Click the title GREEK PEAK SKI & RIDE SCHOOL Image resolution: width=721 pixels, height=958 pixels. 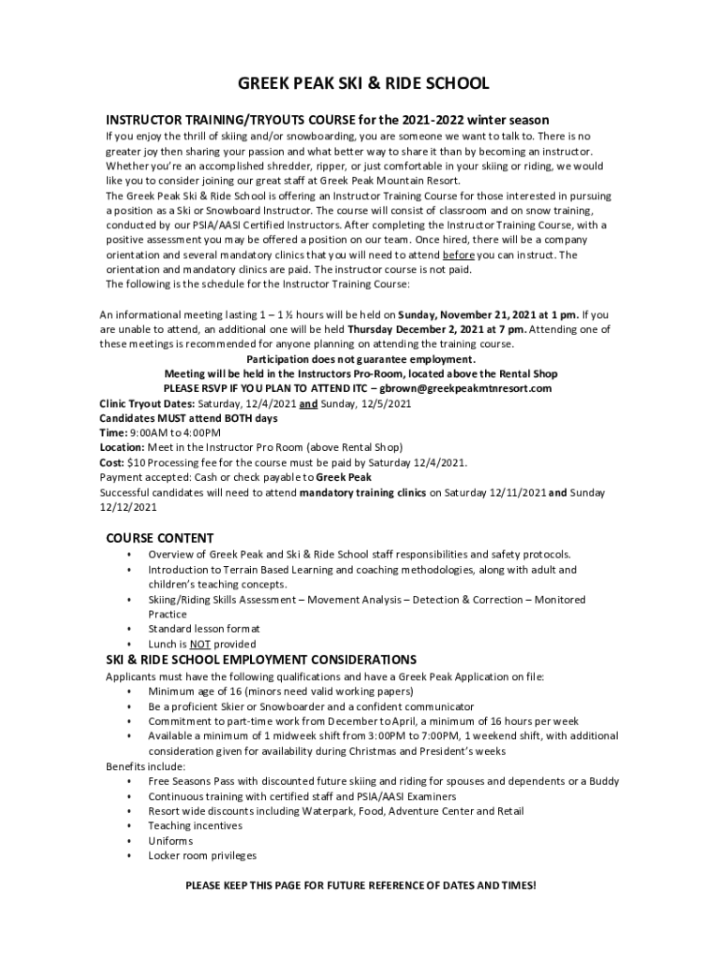[x=362, y=84]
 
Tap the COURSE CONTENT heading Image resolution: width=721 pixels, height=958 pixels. [x=159, y=538]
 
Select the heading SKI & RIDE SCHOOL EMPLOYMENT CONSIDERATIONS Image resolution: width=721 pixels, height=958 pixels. [x=261, y=660]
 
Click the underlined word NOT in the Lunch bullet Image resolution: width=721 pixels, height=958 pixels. [x=199, y=645]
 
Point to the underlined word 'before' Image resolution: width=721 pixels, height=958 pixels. [x=459, y=255]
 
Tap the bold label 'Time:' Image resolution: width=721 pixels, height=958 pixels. [x=112, y=433]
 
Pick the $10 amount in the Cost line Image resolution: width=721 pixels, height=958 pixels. [x=137, y=463]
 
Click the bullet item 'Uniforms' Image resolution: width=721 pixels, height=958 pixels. [x=170, y=841]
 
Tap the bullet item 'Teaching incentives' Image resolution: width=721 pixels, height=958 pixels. [x=195, y=826]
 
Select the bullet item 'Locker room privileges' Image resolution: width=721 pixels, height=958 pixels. [x=202, y=856]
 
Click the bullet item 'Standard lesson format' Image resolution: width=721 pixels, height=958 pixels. [x=204, y=630]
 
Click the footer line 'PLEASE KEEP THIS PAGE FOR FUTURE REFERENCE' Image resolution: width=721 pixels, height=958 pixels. [x=360, y=885]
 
